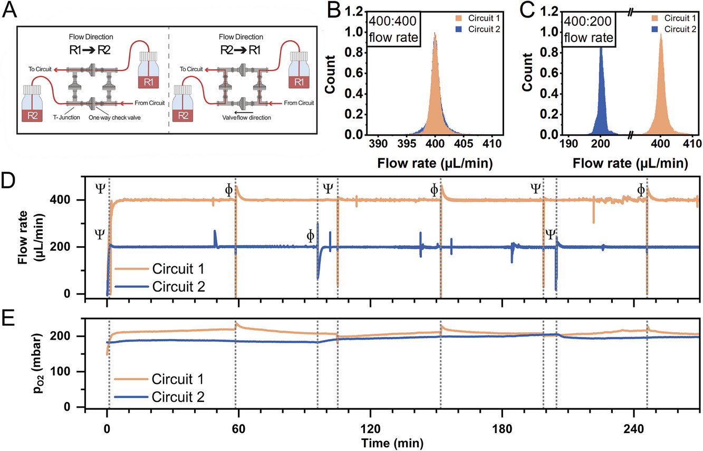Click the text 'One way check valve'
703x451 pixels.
click(x=114, y=117)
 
